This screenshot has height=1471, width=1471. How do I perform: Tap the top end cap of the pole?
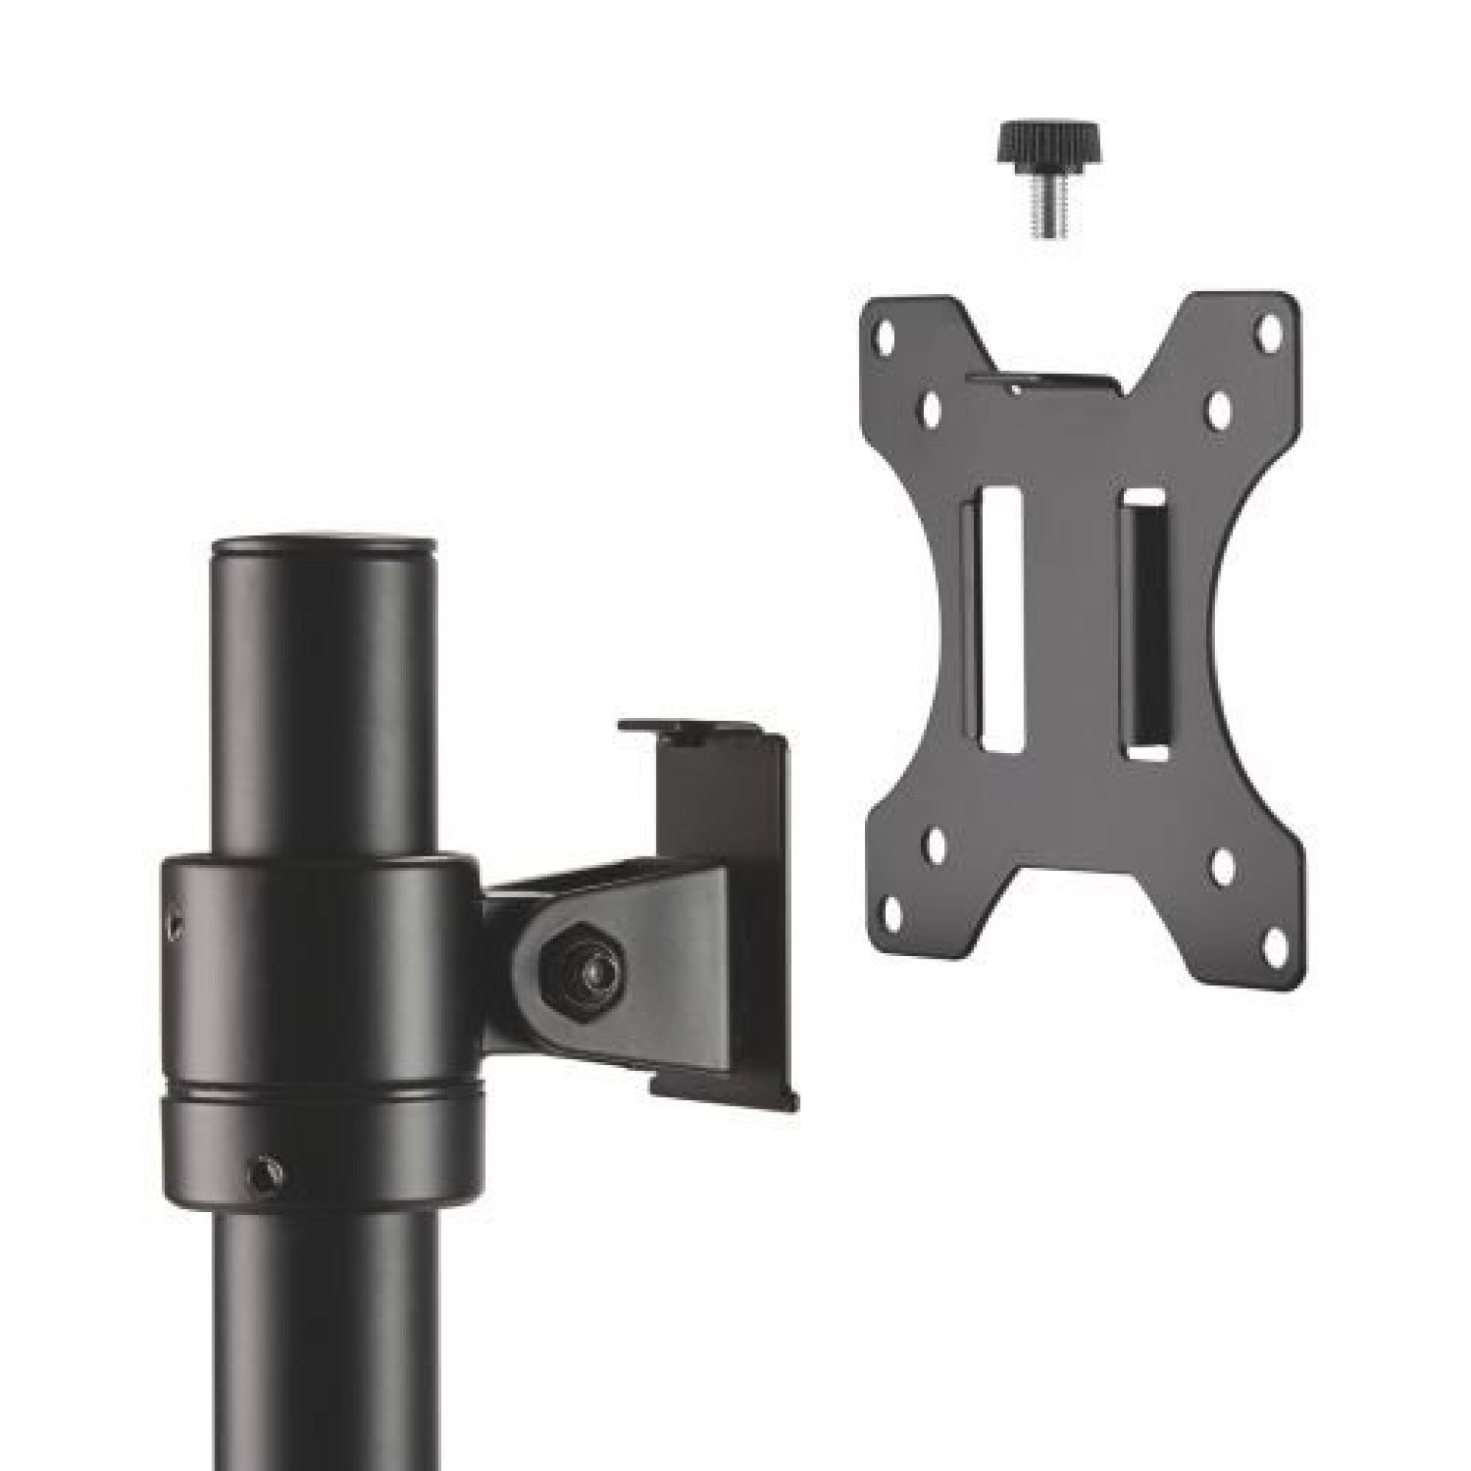pyautogui.click(x=325, y=545)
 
